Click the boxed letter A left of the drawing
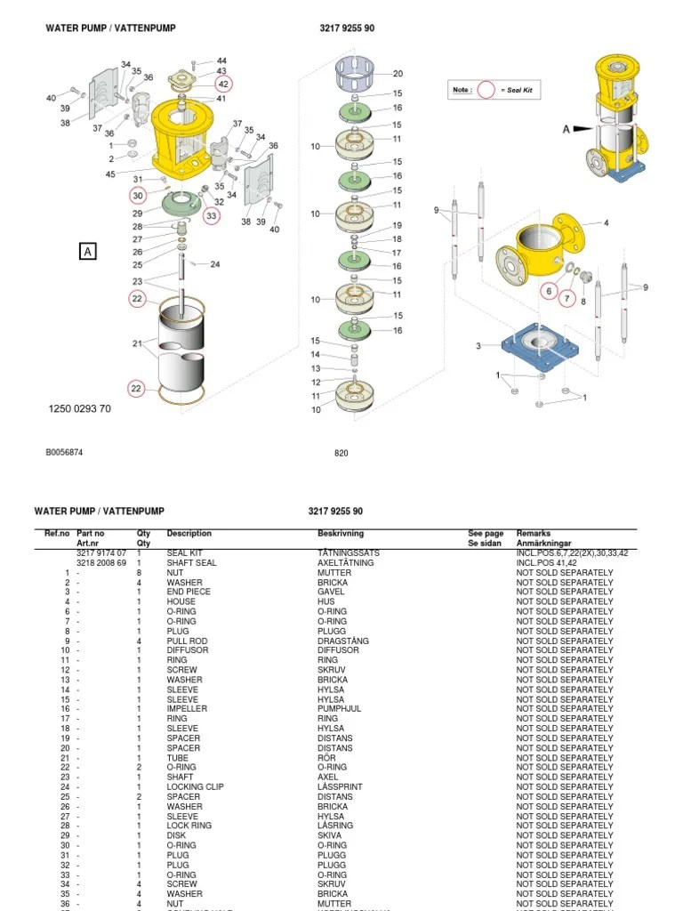pos(88,252)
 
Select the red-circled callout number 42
pos(223,84)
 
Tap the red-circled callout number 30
pos(137,195)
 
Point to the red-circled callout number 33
pos(211,215)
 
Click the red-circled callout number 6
pos(549,291)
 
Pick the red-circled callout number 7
pos(567,297)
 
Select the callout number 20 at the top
pos(398,74)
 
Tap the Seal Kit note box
pos(494,90)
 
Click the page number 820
pos(341,452)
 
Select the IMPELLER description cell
pos(187,709)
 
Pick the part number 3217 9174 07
pos(101,553)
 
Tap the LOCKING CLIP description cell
pos(195,787)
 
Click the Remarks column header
pos(534,534)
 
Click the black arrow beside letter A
pos(582,128)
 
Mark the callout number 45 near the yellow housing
pos(110,174)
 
